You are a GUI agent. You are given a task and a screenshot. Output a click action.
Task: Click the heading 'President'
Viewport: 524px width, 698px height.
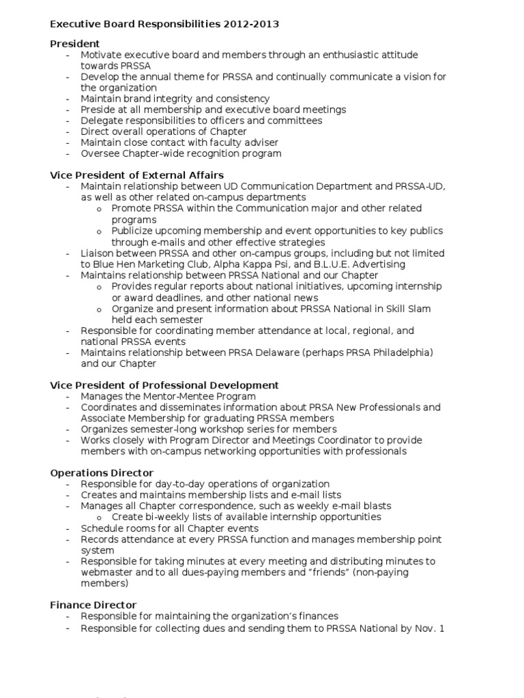[x=75, y=44]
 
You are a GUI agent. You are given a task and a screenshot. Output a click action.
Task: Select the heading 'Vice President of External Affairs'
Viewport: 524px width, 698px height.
[x=137, y=175]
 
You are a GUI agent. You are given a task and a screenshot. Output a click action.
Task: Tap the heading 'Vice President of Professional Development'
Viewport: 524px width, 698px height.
[x=164, y=385]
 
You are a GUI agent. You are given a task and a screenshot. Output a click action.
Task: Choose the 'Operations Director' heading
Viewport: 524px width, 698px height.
[x=102, y=472]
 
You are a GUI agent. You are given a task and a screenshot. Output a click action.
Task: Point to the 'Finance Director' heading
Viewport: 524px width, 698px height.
[x=93, y=605]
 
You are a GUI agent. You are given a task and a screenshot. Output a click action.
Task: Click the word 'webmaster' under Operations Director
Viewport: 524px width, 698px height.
[x=106, y=573]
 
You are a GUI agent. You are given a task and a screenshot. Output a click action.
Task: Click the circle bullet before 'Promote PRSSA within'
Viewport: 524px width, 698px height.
[x=100, y=209]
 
